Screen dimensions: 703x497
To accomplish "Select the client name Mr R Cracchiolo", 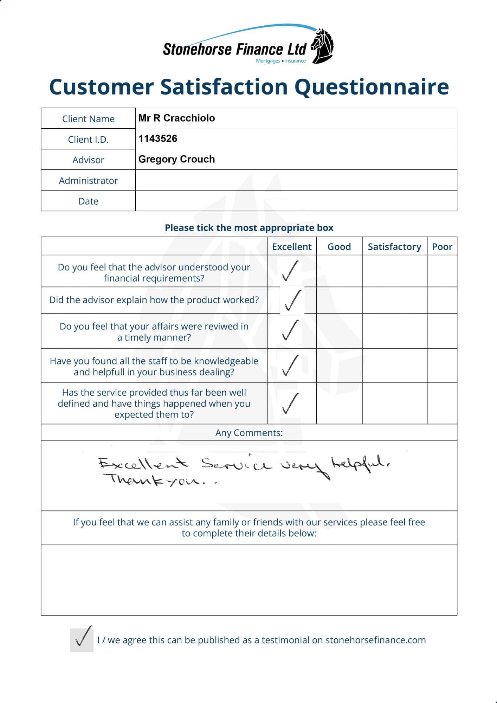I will (176, 118).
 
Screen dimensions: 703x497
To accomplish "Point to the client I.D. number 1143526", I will (158, 138).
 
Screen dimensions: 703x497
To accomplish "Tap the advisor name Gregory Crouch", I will (176, 159).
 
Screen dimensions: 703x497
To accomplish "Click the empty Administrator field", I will (296, 180).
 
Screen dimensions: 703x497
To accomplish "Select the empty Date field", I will (296, 201).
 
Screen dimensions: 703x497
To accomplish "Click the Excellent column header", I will (292, 247).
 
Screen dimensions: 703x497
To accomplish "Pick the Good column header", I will (339, 247).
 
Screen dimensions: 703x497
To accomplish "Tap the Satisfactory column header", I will (394, 247).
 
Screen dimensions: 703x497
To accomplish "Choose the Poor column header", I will (442, 247).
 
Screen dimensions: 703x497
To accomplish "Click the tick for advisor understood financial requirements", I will (290, 271).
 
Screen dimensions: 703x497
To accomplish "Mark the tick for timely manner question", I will (290, 330).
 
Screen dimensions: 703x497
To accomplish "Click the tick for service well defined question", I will (290, 404).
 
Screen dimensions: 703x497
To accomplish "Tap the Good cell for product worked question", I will (339, 300).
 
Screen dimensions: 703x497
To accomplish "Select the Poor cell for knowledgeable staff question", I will (442, 366).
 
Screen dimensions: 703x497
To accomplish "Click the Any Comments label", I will (249, 433).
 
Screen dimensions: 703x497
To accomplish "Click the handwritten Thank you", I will (156, 480).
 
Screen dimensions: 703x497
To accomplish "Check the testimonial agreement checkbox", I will (82, 640).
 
